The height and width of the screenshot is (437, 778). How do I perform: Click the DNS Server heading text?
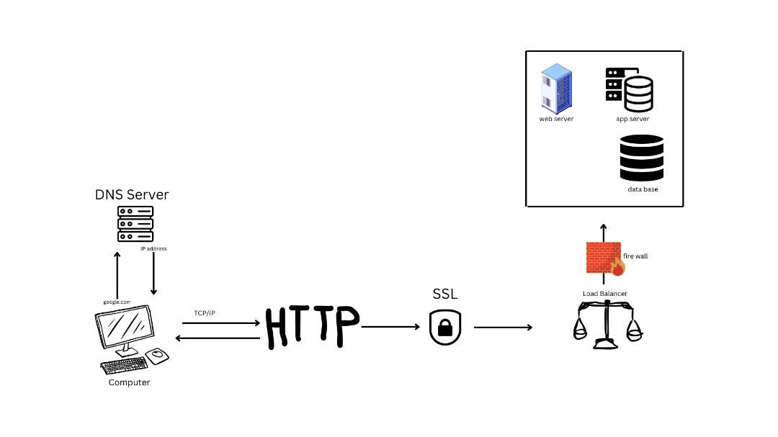coord(132,194)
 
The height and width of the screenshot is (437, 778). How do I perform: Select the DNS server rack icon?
coord(135,224)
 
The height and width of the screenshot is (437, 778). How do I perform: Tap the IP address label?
coord(153,248)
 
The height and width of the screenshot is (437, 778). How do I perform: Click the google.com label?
coord(116,302)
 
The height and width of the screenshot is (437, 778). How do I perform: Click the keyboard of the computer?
coord(124,366)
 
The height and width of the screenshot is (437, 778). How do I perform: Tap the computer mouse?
coord(157,355)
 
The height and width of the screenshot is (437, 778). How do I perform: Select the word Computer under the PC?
coord(129,382)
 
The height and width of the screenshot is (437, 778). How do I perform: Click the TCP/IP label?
coord(204,313)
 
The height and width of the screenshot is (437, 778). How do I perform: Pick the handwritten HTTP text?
coord(311,327)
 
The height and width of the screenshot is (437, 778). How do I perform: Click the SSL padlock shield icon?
coord(444,327)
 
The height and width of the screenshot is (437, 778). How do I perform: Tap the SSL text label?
coord(444,294)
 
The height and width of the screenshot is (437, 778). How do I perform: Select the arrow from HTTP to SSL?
coord(390,327)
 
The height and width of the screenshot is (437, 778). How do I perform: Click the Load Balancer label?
coord(604,294)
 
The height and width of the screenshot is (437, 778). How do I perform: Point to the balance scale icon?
coord(605,325)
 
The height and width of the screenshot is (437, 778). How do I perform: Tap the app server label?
coord(632,119)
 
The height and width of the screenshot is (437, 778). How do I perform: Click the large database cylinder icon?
coord(641,158)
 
